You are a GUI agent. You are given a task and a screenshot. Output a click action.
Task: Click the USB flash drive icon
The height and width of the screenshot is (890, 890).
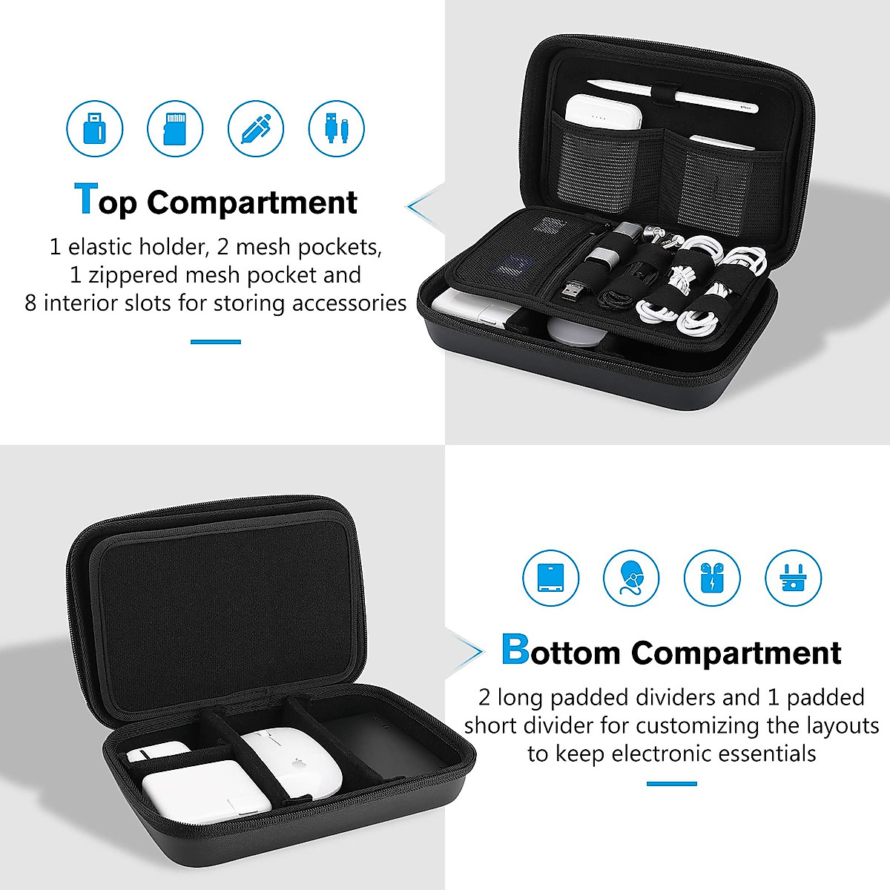point(95,128)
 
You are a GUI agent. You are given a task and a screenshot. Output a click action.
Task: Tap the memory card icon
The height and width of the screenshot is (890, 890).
point(175,128)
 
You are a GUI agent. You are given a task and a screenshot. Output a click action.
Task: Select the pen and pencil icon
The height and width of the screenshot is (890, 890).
point(256,128)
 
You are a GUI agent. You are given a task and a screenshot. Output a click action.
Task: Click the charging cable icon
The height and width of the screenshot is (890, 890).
point(336,128)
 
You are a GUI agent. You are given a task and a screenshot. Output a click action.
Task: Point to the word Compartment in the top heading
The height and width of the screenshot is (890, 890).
point(251,203)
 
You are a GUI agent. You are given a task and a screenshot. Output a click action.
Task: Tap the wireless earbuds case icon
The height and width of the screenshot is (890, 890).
point(712,578)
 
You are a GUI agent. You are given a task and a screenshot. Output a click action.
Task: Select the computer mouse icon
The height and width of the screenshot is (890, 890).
point(631,578)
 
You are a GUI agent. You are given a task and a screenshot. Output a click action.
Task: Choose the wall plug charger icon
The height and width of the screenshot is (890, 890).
point(793,578)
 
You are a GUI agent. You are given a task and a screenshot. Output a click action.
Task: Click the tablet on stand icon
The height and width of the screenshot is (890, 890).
point(551,578)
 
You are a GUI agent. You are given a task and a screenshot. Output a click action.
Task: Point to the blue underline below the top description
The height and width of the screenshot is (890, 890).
point(216,342)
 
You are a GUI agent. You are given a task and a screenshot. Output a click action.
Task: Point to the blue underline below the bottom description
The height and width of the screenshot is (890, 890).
point(671,784)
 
